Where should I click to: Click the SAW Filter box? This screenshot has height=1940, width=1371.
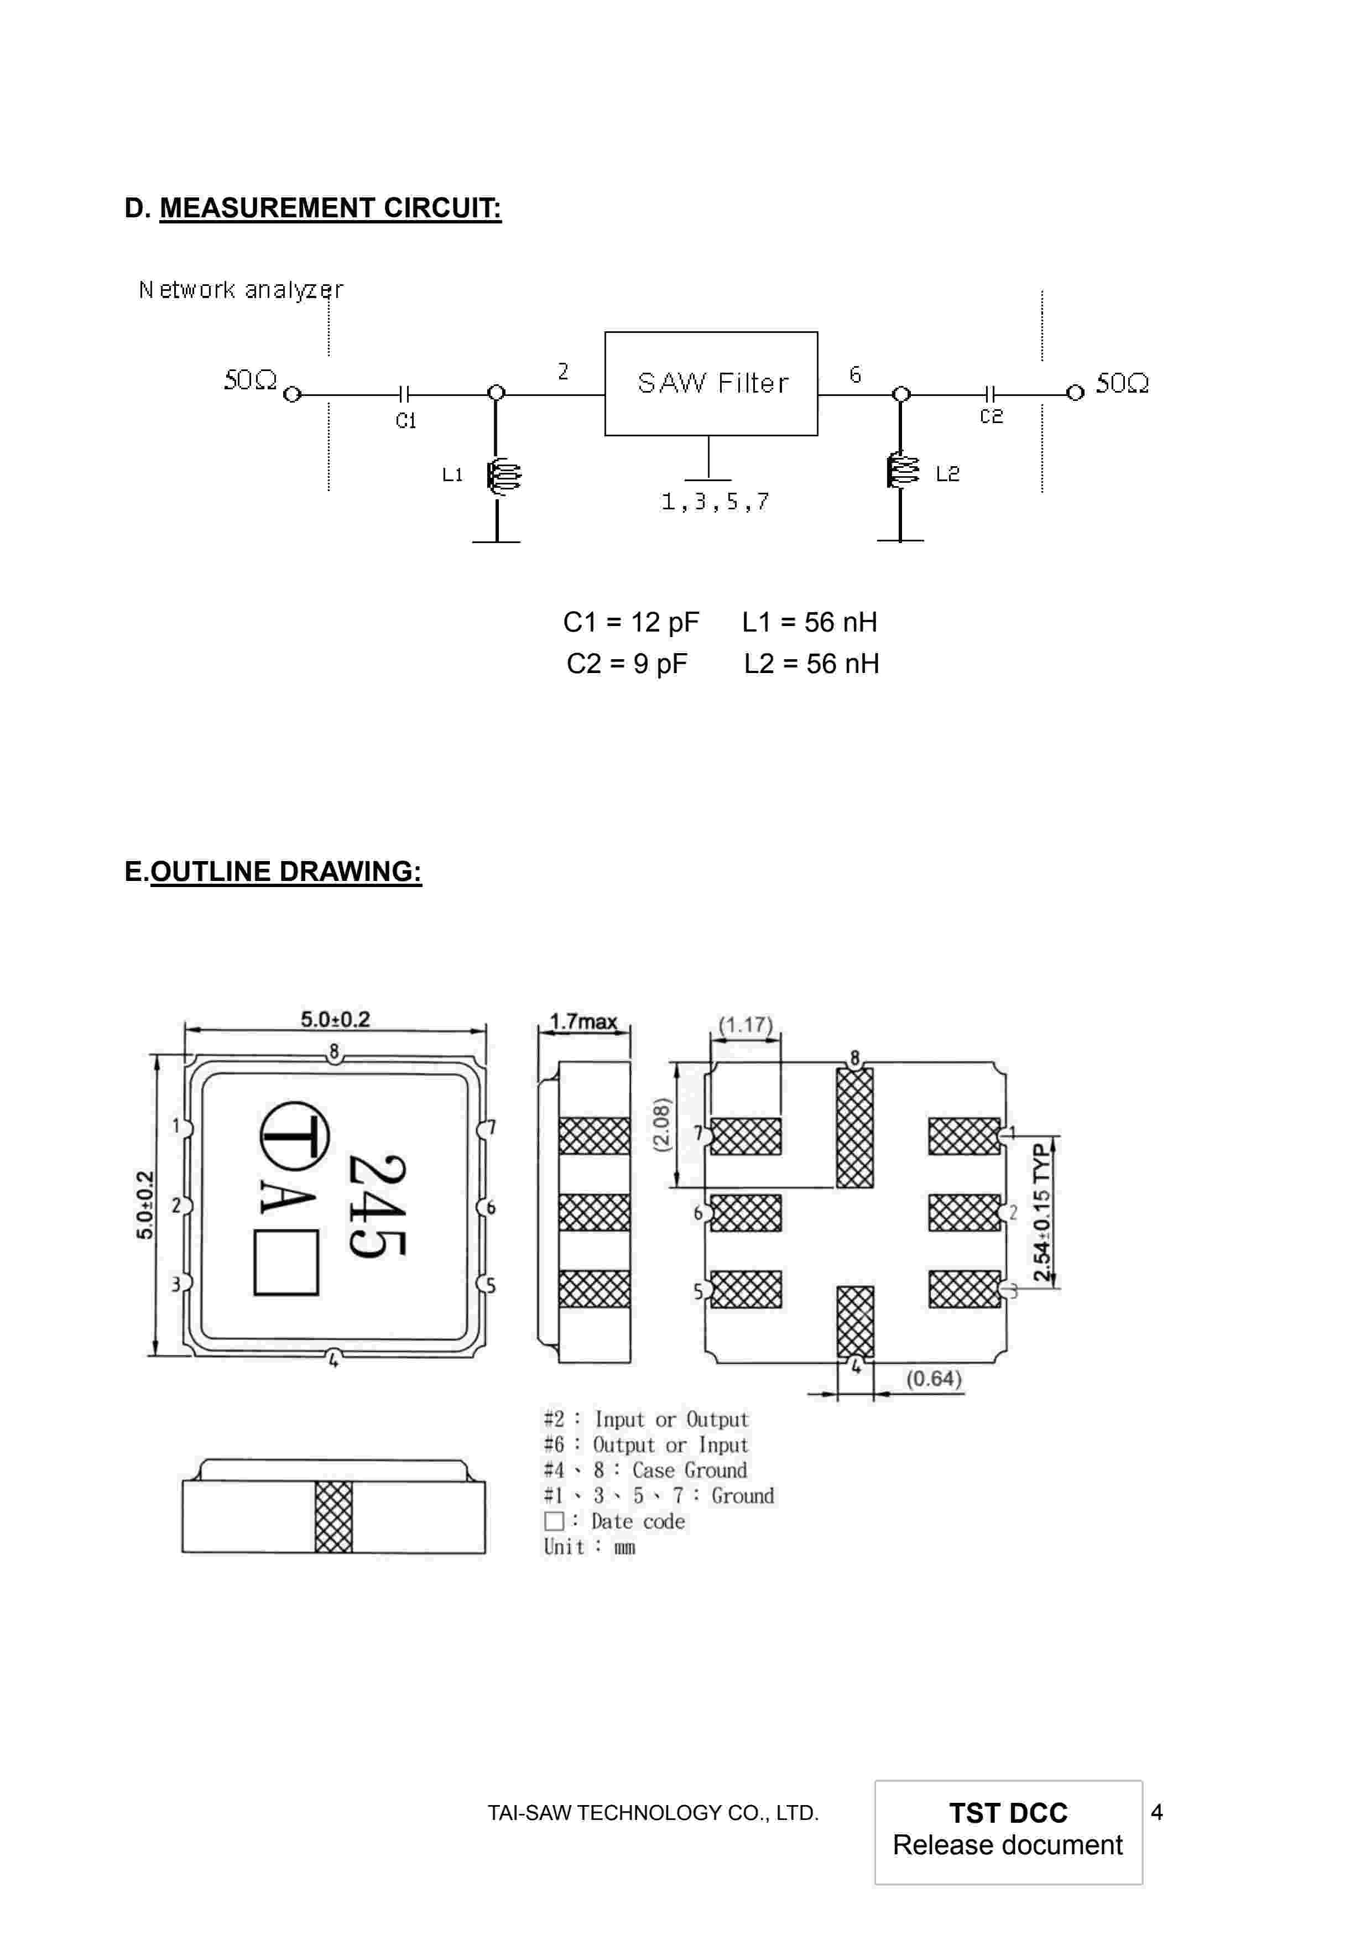[711, 384]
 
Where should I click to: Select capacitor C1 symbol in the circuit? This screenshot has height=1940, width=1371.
[404, 394]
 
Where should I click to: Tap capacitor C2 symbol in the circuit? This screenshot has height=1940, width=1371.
[991, 394]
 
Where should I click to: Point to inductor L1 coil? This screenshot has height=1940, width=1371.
[503, 476]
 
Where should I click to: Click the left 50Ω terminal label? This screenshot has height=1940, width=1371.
[250, 380]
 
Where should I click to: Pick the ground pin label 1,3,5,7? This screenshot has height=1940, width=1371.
[715, 502]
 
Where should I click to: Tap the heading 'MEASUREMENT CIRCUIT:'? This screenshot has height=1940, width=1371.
[330, 208]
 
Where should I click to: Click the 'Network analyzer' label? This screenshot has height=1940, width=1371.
[241, 290]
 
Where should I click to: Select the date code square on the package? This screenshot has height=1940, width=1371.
[286, 1263]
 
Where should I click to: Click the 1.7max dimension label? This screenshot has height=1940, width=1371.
[583, 1021]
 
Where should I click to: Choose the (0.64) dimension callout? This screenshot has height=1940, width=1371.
[934, 1378]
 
